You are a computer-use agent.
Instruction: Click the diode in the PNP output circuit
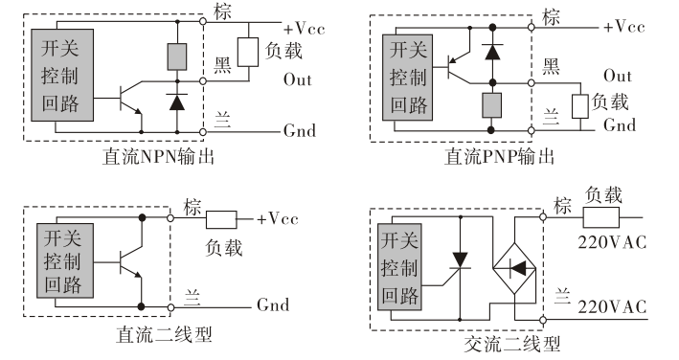coord(492,51)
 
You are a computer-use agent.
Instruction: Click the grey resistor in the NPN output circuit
coord(176,56)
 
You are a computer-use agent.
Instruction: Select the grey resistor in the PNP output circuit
coord(492,104)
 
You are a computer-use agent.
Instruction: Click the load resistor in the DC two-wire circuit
coord(222,219)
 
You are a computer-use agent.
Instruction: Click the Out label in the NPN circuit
coord(298,79)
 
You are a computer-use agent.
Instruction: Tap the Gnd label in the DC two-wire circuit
coord(273,306)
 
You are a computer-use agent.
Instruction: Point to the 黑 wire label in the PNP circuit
coord(553,65)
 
